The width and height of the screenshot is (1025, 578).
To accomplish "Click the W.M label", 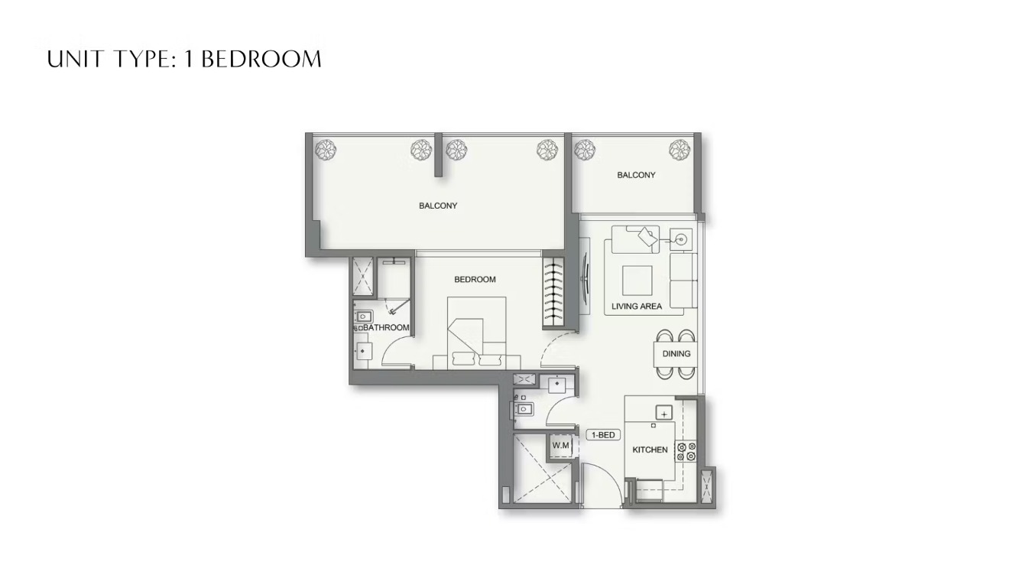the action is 560,445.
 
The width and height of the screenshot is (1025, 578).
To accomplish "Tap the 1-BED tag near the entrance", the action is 603,435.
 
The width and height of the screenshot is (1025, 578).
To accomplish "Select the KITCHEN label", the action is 650,450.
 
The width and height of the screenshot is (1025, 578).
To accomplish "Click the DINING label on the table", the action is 676,354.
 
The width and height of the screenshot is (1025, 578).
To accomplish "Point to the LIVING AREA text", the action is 637,306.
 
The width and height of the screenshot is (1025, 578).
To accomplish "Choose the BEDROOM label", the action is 475,279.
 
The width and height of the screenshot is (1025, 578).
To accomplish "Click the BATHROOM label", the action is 386,328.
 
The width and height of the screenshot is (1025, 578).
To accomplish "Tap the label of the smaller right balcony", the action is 636,175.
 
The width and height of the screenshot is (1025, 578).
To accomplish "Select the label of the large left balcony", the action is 438,206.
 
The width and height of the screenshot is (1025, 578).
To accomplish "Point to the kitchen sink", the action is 664,413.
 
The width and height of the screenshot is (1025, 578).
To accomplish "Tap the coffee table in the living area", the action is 637,281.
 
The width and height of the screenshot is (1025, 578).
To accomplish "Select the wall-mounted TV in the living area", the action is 585,275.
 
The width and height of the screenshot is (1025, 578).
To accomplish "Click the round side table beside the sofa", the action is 681,239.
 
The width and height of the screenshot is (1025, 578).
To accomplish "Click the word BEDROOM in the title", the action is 261,60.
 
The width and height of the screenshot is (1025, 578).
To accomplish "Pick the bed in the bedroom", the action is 476,333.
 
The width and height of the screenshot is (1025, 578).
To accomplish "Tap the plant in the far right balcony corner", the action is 679,149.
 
